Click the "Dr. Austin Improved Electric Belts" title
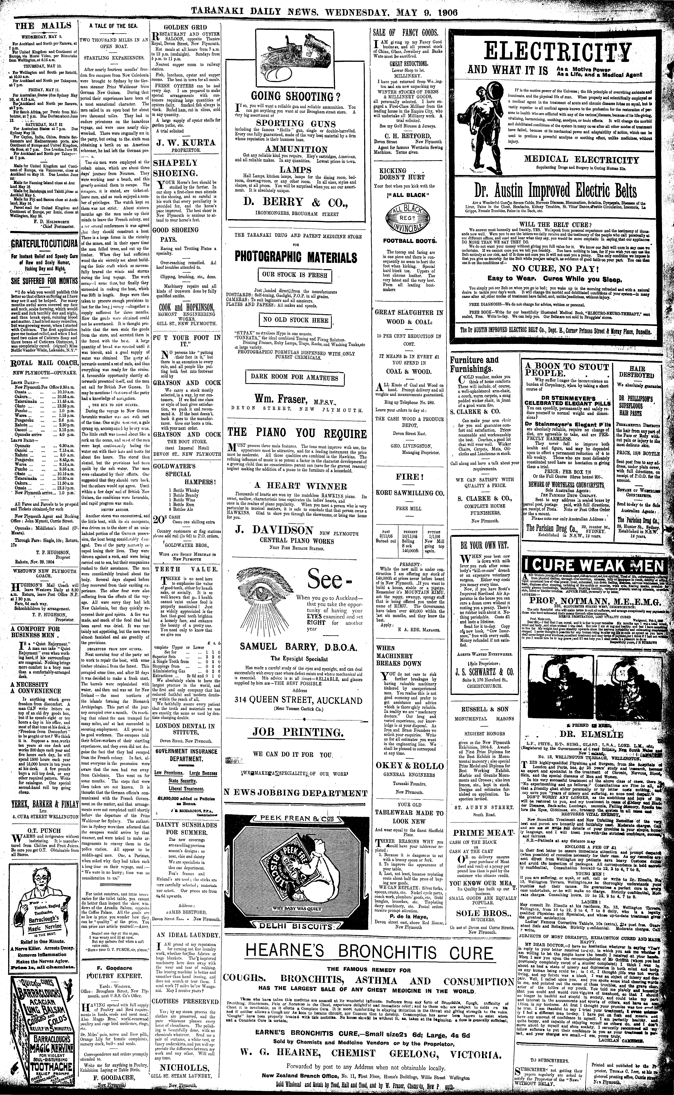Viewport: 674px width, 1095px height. coord(560,191)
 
